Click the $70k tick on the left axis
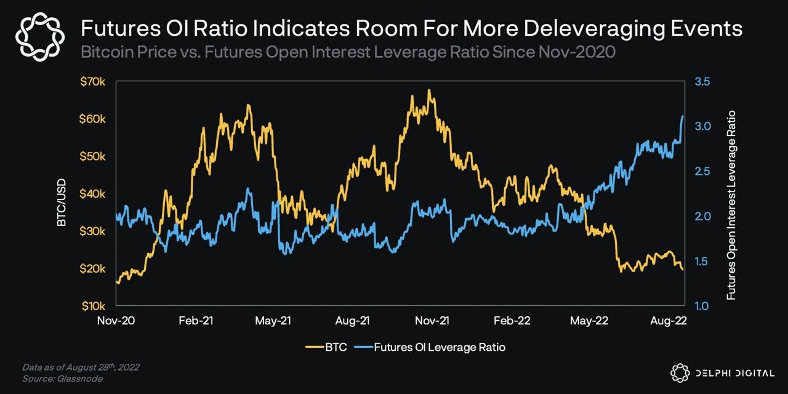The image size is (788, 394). tap(93, 81)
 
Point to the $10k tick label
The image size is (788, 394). tap(93, 306)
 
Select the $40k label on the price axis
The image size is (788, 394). tap(93, 193)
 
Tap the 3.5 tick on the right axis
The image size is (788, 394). tap(703, 81)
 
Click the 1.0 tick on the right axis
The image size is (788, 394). tap(703, 306)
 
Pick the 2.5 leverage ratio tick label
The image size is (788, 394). tap(703, 171)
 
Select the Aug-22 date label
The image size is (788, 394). tap(670, 321)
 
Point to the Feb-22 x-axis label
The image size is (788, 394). tap(512, 321)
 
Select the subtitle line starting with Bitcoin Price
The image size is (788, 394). tap(348, 52)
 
